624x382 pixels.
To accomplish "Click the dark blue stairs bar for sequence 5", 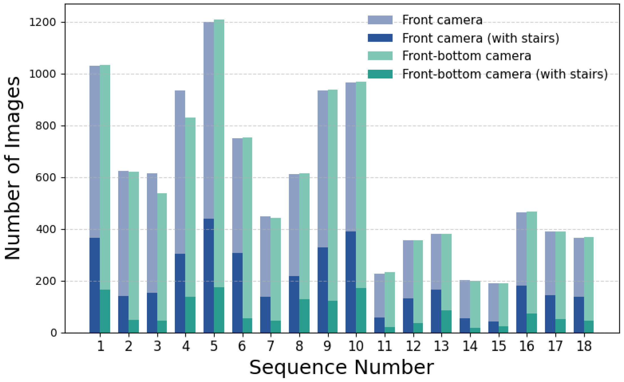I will pos(208,276).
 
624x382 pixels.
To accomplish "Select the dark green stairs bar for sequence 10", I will pos(361,310).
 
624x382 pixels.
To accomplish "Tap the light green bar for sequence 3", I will pos(162,257).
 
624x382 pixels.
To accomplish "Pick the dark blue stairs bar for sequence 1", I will pos(95,285).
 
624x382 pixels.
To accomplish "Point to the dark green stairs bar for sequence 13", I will pos(447,322).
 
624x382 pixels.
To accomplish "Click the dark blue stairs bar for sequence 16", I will pos(521,309).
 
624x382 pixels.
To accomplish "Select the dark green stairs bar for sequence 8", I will pos(304,316).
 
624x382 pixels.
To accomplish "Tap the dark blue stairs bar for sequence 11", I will pos(379,325).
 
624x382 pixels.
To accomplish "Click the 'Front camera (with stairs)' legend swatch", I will pos(380,38).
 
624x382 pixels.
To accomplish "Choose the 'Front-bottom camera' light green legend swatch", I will pos(380,56).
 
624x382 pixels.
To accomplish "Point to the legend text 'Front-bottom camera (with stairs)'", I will pos(505,74).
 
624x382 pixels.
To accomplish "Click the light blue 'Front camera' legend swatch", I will pos(380,20).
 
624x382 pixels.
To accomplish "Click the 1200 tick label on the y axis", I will pos(43,22).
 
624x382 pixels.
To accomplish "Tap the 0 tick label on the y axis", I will pos(54,333).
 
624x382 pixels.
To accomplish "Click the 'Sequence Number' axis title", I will pos(341,368).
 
